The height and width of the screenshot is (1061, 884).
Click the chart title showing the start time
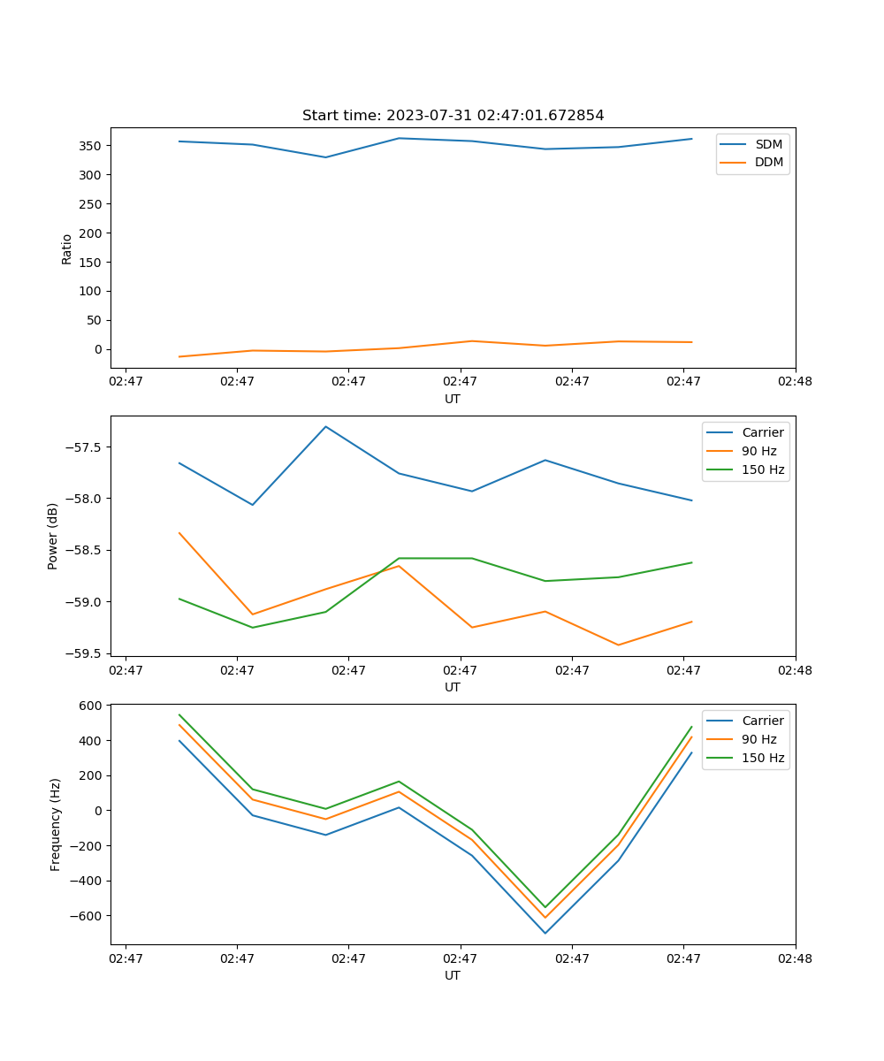point(453,116)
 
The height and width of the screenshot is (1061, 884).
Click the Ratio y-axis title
point(67,249)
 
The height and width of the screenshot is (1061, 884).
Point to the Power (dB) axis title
point(53,536)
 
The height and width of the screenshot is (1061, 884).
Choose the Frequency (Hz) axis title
point(56,824)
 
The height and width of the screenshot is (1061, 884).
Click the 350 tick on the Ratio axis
point(91,146)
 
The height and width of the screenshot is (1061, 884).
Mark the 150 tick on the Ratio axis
point(91,263)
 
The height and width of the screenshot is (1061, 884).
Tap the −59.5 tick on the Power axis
point(85,653)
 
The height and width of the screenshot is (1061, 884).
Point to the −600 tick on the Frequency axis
point(88,916)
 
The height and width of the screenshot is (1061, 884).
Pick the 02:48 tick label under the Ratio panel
point(795,382)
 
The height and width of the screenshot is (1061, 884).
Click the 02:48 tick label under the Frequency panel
point(795,958)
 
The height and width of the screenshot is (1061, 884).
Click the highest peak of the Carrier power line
point(325,427)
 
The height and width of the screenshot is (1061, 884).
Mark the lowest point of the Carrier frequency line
point(545,933)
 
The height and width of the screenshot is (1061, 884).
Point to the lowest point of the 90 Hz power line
point(618,645)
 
